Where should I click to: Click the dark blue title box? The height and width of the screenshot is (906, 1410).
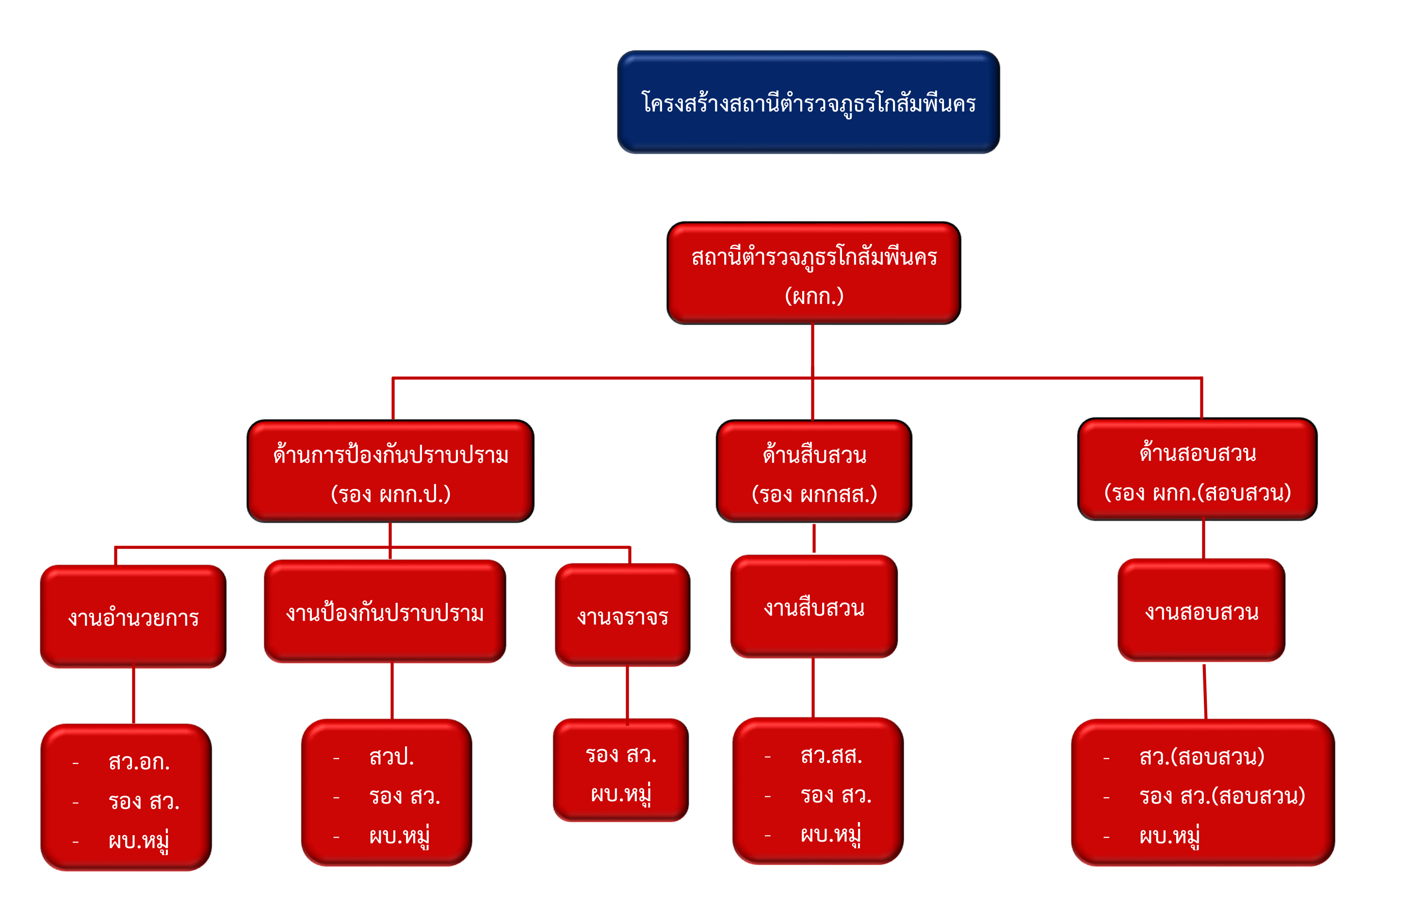[x=808, y=102]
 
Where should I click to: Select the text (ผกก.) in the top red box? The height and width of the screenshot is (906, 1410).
[x=813, y=296]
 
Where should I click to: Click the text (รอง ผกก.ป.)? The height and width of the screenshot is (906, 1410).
[x=390, y=494]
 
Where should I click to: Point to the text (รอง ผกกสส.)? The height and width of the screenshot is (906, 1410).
[x=814, y=494]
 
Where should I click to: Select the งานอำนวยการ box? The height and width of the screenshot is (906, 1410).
[x=133, y=616]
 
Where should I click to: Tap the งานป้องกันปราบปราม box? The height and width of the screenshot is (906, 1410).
[x=385, y=612]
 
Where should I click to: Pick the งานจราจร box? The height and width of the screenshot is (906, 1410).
[x=622, y=615]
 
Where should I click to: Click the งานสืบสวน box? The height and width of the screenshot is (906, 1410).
[x=814, y=607]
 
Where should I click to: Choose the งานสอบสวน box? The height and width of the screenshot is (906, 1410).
[x=1201, y=611]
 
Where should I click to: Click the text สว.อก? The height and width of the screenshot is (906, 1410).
[x=139, y=762]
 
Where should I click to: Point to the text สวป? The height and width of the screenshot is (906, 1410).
[x=391, y=757]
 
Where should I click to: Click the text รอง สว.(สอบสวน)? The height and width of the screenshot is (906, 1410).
[x=1222, y=796]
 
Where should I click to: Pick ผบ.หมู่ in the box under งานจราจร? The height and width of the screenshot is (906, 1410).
[x=621, y=794]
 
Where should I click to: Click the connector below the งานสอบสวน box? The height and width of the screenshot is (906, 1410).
[x=1205, y=691]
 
